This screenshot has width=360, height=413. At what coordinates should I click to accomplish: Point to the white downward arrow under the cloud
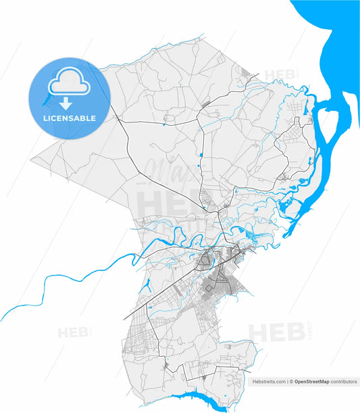(x=65, y=103)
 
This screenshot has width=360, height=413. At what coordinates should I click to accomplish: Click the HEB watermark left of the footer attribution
(x=71, y=333)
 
